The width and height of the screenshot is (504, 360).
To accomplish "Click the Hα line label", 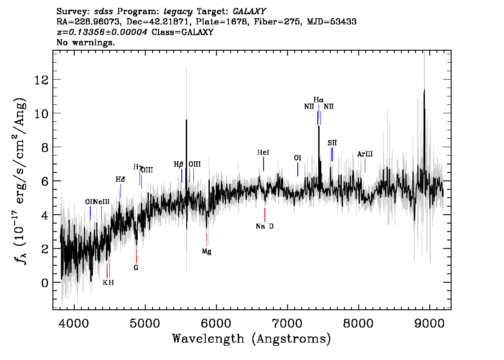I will [x=318, y=100].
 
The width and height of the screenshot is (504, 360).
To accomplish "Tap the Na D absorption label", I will [x=264, y=226].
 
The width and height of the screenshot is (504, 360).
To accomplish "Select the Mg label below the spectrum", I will [x=207, y=252].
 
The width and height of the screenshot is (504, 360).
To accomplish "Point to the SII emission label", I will [x=332, y=143].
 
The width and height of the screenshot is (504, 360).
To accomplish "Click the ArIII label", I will [x=365, y=154].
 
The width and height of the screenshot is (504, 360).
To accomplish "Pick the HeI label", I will [x=263, y=152].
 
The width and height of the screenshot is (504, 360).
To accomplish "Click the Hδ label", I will [x=120, y=180].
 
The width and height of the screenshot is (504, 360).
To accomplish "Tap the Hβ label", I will [x=179, y=164].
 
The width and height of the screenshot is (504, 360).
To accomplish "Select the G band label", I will [x=136, y=268].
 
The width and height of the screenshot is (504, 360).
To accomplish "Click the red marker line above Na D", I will [x=265, y=215].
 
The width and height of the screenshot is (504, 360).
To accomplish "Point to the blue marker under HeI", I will [x=264, y=164].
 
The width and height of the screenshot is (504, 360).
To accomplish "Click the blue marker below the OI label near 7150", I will [x=298, y=169].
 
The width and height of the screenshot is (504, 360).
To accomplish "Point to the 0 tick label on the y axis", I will [x=45, y=283].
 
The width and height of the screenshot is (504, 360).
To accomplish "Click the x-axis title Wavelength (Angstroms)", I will [x=252, y=339].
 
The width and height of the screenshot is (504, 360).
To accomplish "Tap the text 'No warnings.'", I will [x=86, y=43].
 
